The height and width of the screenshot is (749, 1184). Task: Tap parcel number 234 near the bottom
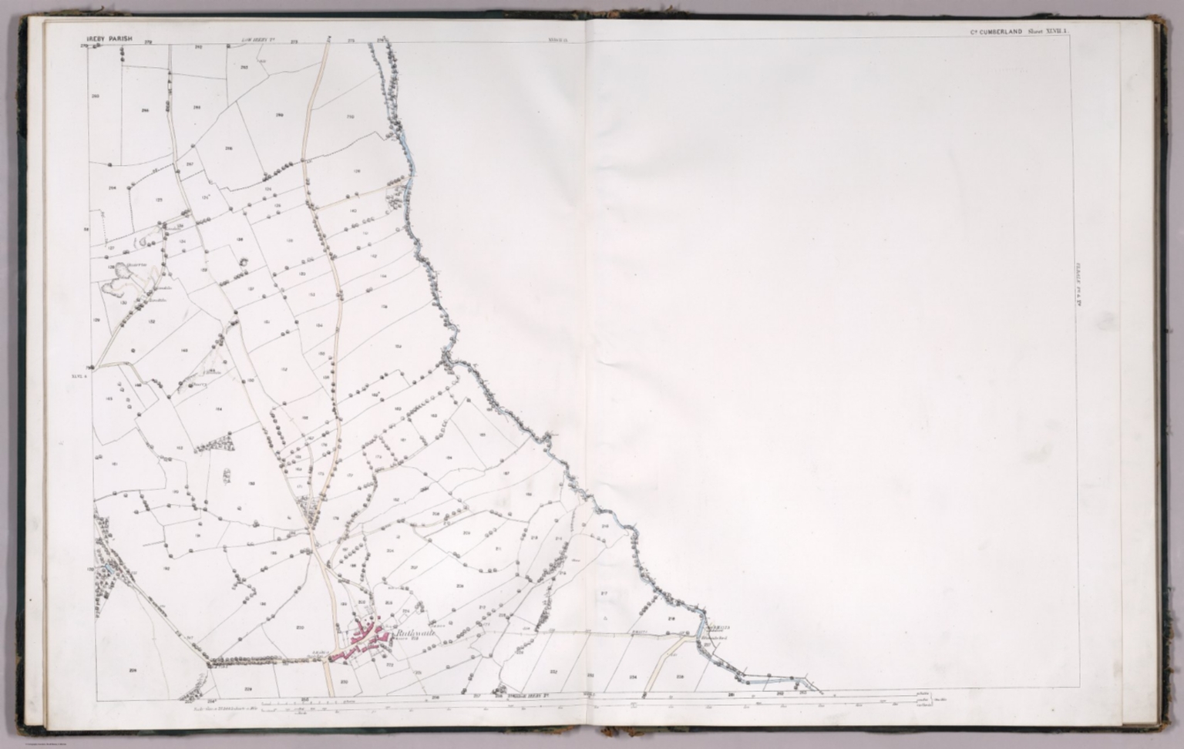point(633,677)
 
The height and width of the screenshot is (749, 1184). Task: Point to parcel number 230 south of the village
point(345,681)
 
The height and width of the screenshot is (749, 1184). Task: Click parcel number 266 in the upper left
point(145,111)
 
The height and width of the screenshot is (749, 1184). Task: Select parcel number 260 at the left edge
point(96,96)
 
